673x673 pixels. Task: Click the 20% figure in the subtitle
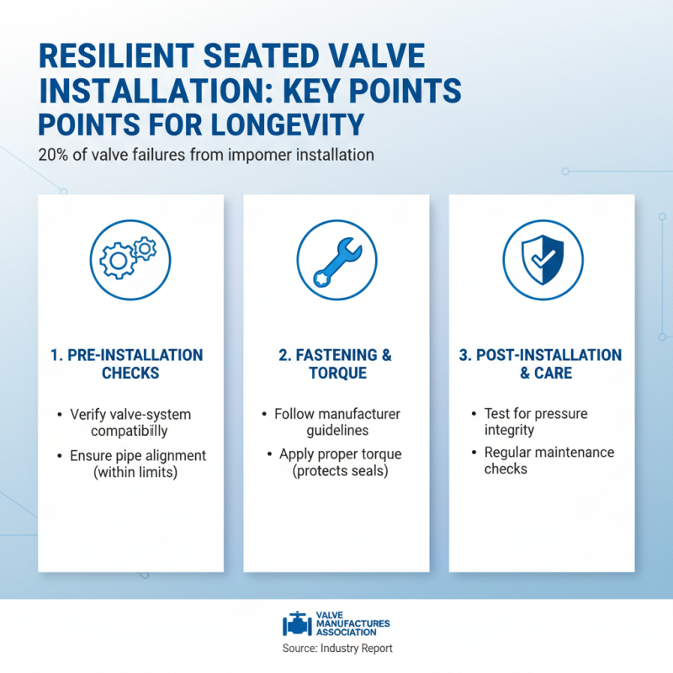tap(52, 155)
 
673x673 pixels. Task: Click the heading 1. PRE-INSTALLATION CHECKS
tap(130, 363)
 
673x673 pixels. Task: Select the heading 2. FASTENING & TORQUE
tap(336, 363)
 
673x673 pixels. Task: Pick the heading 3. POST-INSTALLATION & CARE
tap(541, 363)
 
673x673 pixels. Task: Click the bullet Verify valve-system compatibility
tap(131, 423)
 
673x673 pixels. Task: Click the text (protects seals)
tap(336, 470)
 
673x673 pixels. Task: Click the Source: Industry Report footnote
tap(336, 649)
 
